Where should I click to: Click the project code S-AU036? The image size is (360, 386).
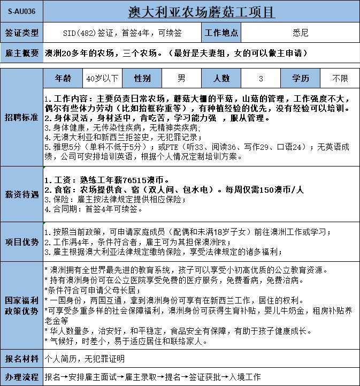(21, 11)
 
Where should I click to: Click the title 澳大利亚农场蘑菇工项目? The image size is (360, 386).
(202, 11)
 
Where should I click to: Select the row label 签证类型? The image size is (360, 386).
(21, 33)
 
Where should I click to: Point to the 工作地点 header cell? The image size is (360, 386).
(221, 33)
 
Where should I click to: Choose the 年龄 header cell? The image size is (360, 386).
(63, 78)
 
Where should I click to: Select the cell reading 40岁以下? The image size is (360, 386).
(102, 79)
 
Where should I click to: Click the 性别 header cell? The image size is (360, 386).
(142, 78)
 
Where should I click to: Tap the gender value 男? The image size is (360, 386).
(182, 79)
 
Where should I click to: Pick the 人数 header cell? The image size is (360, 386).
(221, 78)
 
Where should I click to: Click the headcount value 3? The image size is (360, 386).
(261, 79)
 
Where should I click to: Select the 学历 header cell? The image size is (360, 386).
(301, 78)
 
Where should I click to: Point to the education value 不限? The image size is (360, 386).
(340, 79)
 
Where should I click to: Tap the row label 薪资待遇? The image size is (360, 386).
(21, 194)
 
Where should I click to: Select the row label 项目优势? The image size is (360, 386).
(21, 241)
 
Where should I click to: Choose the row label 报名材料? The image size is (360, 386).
(21, 358)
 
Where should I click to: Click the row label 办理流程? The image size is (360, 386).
(21, 376)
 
